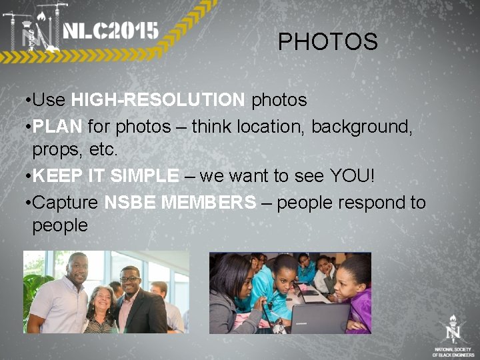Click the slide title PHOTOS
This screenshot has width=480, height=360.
click(x=327, y=42)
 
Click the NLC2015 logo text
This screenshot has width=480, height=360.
click(x=111, y=31)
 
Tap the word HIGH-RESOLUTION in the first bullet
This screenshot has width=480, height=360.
click(x=158, y=100)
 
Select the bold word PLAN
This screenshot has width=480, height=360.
click(x=57, y=126)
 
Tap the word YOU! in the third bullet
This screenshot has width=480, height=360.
click(x=353, y=176)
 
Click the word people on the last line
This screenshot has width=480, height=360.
click(x=60, y=225)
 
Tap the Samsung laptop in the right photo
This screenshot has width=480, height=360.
click(x=320, y=316)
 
